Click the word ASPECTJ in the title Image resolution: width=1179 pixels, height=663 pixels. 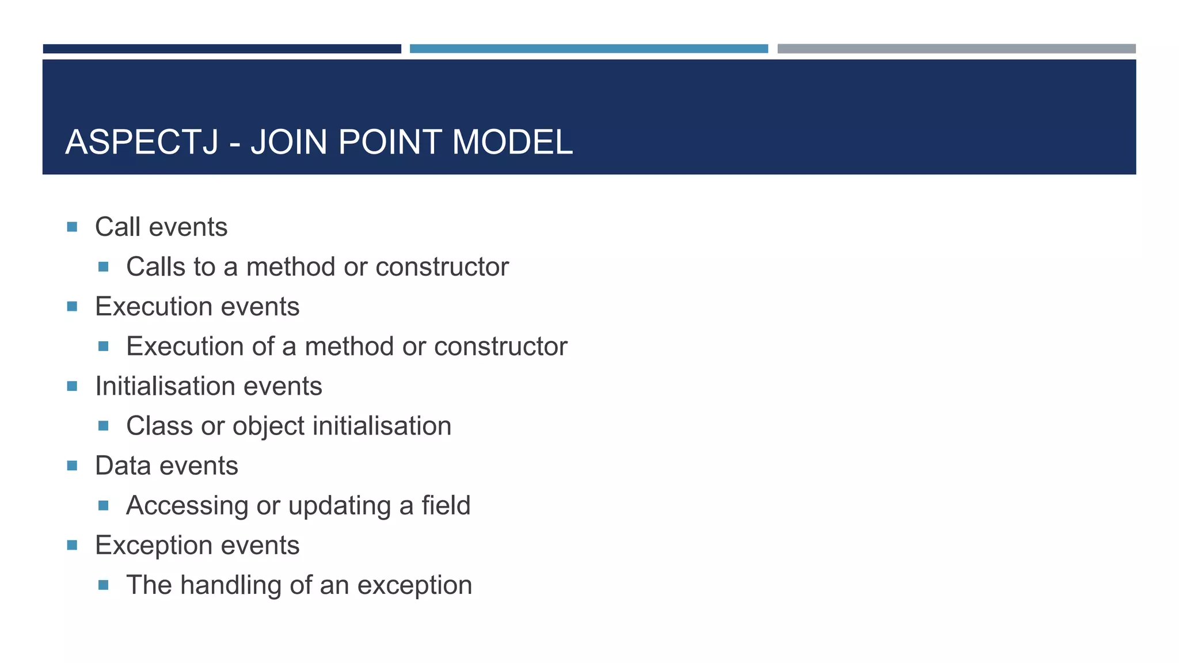(x=142, y=142)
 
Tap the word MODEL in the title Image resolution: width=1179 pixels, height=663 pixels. (x=512, y=142)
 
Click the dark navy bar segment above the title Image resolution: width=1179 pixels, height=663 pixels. (x=222, y=49)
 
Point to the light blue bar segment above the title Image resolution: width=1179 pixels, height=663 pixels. (x=588, y=49)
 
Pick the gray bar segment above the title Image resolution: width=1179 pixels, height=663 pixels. (x=956, y=49)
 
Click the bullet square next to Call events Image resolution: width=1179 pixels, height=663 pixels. (x=72, y=227)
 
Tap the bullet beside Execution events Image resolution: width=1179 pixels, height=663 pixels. (x=72, y=306)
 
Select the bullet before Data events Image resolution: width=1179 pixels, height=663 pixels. (x=72, y=465)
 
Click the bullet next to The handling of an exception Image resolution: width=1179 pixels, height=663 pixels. (x=104, y=585)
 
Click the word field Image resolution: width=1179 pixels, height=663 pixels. (x=446, y=505)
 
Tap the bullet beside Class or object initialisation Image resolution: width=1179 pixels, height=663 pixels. (x=104, y=426)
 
